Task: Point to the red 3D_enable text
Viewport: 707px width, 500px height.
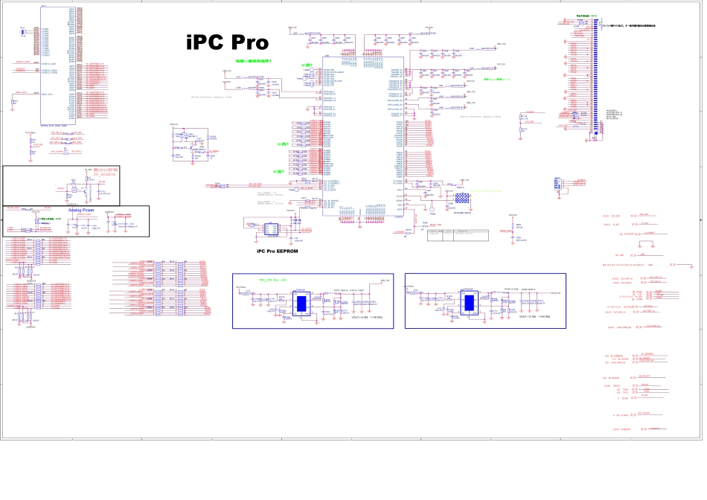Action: coord(107,176)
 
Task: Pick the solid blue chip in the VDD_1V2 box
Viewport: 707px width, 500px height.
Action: coord(304,303)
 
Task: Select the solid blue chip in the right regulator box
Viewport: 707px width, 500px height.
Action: coord(470,303)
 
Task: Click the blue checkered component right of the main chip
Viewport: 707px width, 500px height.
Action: coord(462,199)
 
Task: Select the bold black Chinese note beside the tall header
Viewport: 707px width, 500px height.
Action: coord(629,25)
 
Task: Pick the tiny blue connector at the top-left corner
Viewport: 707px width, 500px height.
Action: coord(24,32)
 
